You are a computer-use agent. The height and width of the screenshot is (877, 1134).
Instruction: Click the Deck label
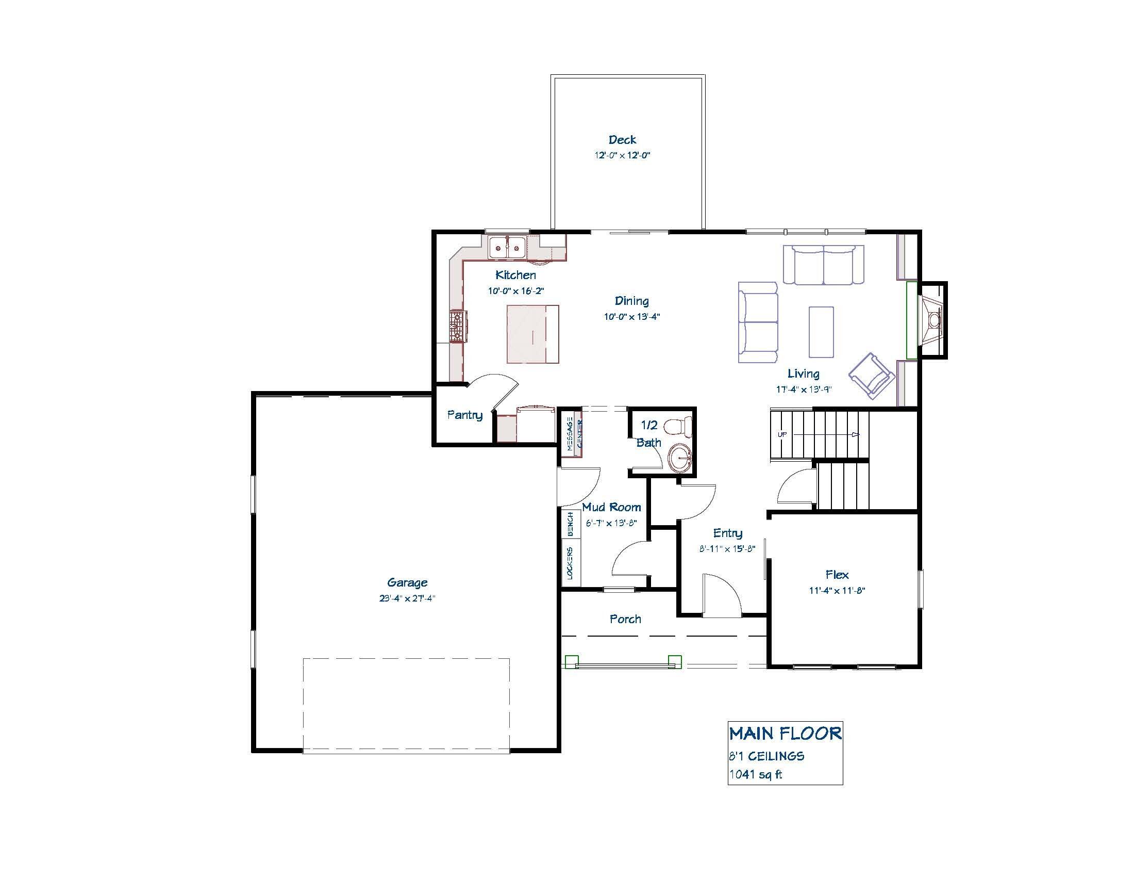tap(622, 140)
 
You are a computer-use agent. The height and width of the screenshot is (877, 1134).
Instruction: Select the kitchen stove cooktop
tap(457, 326)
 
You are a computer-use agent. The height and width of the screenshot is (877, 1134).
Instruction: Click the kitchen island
tap(533, 334)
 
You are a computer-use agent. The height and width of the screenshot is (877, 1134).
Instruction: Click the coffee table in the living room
tap(821, 332)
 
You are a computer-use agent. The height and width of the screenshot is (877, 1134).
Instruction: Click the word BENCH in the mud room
tap(571, 524)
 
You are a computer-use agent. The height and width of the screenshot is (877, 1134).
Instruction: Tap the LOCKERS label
tap(571, 563)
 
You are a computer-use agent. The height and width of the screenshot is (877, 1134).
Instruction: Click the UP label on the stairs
tap(781, 434)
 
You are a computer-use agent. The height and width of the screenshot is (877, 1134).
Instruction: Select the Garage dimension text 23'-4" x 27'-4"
tap(407, 598)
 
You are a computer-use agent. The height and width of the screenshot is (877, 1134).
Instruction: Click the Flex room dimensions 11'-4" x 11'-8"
tap(837, 591)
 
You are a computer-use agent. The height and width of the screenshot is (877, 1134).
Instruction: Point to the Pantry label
tap(465, 415)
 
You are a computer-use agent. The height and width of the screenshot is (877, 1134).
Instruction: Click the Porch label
tap(625, 619)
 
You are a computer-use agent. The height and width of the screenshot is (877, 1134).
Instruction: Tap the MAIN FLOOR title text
tap(785, 734)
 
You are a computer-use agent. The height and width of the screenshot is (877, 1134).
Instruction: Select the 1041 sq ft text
tap(756, 775)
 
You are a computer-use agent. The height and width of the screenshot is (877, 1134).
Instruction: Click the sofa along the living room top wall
tap(824, 265)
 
